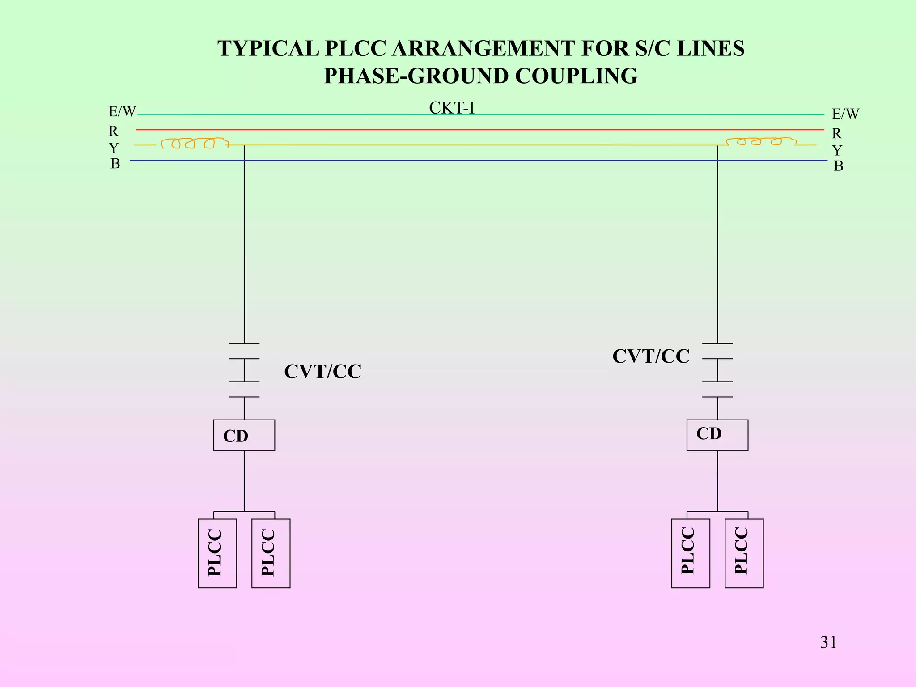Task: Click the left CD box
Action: [244, 435]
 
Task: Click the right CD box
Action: [717, 435]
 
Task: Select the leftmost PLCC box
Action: [217, 553]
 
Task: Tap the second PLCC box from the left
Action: [271, 553]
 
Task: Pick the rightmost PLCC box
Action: [744, 553]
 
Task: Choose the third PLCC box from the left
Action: [690, 553]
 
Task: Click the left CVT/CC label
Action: [322, 372]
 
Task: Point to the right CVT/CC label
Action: [651, 356]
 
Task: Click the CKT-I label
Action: [451, 108]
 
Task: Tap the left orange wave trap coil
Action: [194, 143]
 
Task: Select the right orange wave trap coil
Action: [760, 142]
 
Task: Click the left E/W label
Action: [122, 112]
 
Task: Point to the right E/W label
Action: [845, 114]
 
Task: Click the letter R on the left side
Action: [114, 131]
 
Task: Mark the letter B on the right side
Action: [838, 166]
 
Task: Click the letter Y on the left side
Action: [114, 148]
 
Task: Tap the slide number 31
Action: [828, 642]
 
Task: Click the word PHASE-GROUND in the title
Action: [416, 76]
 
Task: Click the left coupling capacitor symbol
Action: [244, 370]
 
